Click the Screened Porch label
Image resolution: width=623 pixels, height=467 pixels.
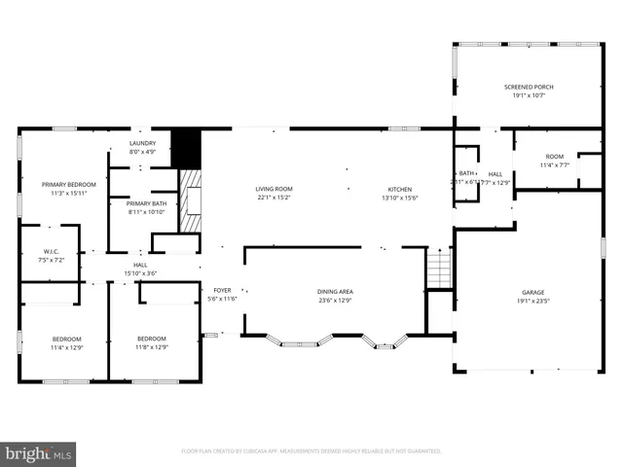tap(530, 87)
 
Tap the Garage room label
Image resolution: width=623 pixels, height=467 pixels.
tap(532, 292)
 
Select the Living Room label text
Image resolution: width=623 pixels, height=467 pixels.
tap(274, 189)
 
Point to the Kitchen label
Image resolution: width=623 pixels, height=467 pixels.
tap(400, 189)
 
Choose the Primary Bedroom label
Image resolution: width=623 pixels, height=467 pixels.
tap(68, 184)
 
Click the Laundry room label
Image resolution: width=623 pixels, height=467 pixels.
tap(142, 144)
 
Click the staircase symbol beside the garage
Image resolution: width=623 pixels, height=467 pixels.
tap(439, 268)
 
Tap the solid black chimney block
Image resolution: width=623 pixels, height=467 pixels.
tap(185, 147)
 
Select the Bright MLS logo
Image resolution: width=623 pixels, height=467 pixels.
tap(39, 452)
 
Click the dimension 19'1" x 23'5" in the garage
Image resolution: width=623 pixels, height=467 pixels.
tap(532, 301)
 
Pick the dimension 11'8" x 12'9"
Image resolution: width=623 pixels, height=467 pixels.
tap(152, 347)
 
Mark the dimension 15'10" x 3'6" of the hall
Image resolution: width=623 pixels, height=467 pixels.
tap(140, 273)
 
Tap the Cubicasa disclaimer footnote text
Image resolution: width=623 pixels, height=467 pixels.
tap(311, 451)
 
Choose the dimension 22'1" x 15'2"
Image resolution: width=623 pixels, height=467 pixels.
tap(274, 198)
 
